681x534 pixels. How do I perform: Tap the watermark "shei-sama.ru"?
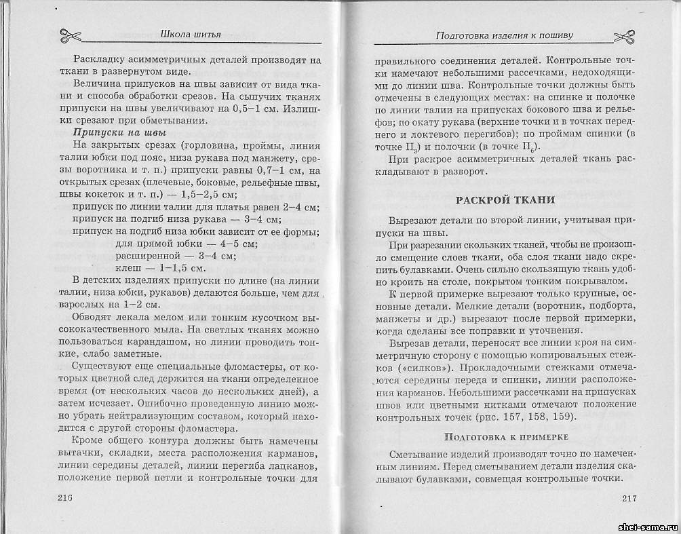click(x=647, y=527)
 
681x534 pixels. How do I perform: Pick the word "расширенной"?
click(x=150, y=256)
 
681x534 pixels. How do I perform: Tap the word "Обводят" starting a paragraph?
click(x=92, y=317)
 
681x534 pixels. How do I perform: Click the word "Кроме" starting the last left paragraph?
click(x=89, y=440)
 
